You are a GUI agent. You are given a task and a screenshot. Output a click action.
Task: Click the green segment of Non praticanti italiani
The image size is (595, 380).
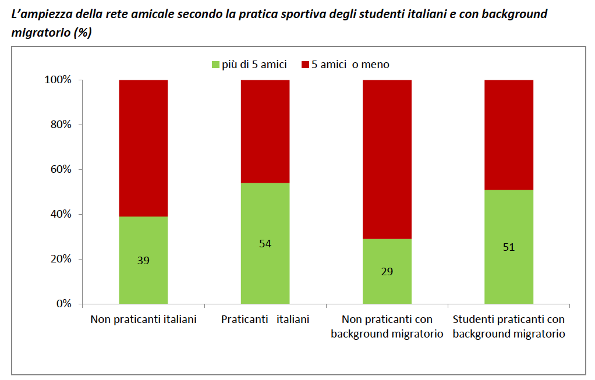pyautogui.click(x=143, y=274)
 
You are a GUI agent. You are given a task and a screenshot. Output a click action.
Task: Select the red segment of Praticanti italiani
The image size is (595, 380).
pyautogui.click(x=265, y=131)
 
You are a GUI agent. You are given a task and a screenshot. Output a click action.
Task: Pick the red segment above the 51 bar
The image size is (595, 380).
pyautogui.click(x=509, y=134)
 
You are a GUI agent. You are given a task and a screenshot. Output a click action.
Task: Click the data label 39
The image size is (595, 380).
pyautogui.click(x=143, y=260)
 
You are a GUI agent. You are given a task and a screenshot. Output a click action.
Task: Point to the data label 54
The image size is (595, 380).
pyautogui.click(x=265, y=243)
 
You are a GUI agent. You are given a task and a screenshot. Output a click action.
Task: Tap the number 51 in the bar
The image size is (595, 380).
pyautogui.click(x=509, y=247)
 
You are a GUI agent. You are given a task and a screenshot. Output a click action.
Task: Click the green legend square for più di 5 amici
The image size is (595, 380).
pyautogui.click(x=215, y=65)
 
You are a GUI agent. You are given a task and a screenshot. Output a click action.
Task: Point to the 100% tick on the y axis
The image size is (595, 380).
pyautogui.click(x=58, y=80)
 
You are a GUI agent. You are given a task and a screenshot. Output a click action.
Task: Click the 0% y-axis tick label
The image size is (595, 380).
pyautogui.click(x=62, y=304)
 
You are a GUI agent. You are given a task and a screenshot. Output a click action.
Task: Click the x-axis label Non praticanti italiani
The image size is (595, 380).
pyautogui.click(x=143, y=319)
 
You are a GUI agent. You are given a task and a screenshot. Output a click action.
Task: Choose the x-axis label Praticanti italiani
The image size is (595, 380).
pyautogui.click(x=265, y=319)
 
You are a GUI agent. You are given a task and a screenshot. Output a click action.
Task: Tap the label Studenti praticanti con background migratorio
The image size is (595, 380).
pyautogui.click(x=509, y=326)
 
